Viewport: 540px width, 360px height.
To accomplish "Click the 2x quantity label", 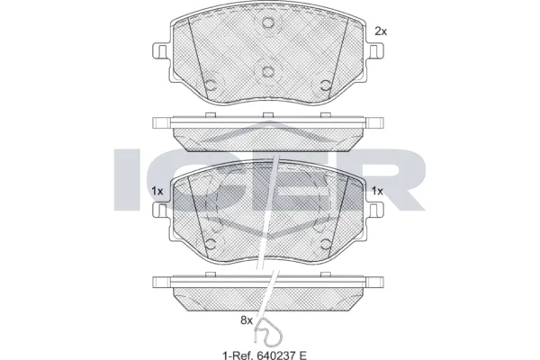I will point(380,31).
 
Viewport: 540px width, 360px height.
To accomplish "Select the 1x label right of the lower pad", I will point(378,191).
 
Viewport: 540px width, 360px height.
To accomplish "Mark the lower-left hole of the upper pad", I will point(211,87).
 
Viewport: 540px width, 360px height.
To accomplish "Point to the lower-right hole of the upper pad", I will point(325,87).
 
